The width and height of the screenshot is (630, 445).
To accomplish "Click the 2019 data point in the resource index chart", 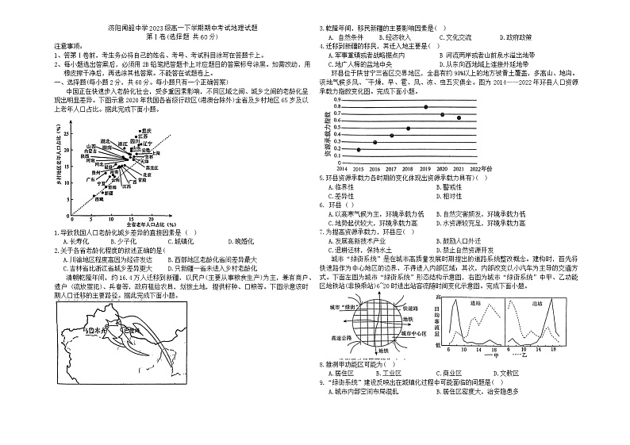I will (426, 106).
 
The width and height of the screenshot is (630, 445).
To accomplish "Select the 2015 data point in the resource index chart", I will (359, 149).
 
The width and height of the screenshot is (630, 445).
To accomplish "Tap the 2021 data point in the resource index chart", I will (459, 117).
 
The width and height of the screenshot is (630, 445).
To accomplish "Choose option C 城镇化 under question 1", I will (181, 240).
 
